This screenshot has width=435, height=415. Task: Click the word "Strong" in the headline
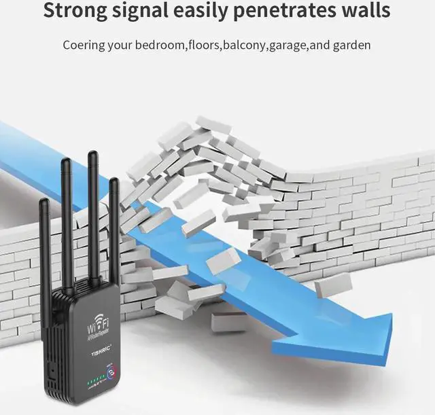coord(74,12)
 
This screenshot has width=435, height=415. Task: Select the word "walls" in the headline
coord(366,12)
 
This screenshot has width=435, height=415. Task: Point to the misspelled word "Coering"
coord(84,46)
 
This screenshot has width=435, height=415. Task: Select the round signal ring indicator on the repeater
coord(111,371)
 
